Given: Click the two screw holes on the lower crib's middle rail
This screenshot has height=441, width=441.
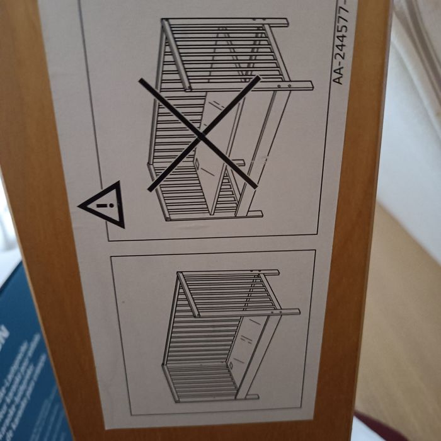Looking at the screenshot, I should pyautogui.click(x=275, y=308).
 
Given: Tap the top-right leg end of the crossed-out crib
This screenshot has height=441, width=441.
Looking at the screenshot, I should pyautogui.click(x=307, y=85).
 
